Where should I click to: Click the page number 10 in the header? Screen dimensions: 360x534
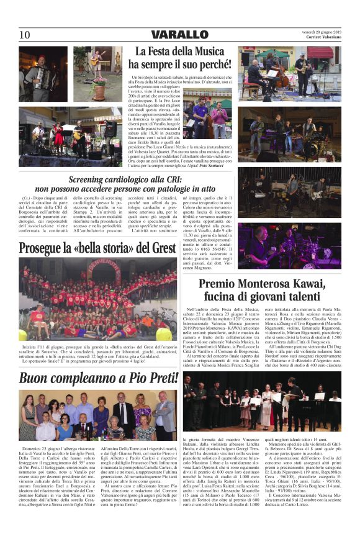(x=25, y=34)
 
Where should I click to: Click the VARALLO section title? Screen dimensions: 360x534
(x=179, y=34)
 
